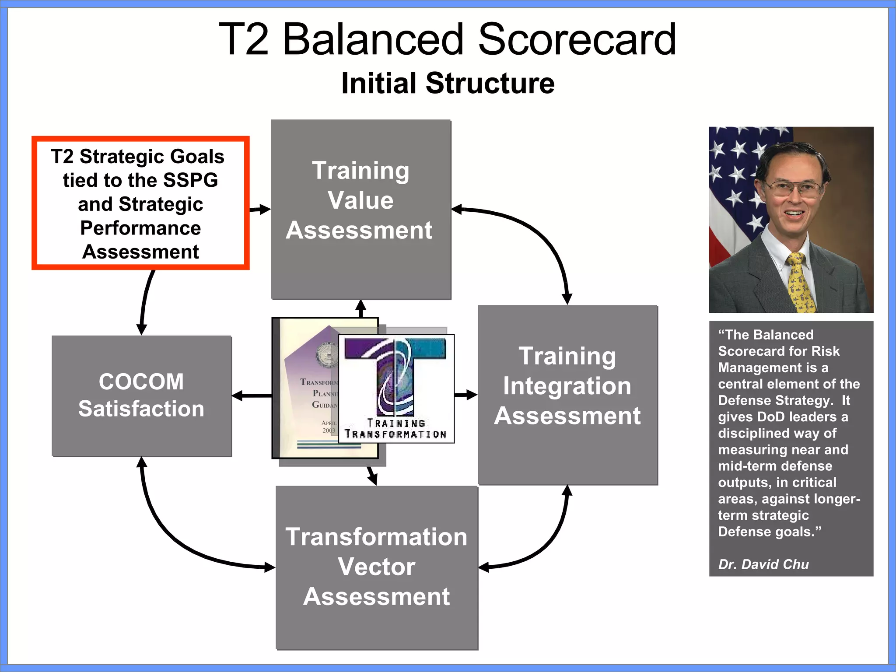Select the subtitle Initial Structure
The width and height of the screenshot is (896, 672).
pos(448,83)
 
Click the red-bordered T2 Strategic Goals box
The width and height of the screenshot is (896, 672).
pos(140,203)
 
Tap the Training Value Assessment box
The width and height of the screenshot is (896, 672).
pos(361,209)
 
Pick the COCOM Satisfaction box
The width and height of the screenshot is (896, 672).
pos(141,396)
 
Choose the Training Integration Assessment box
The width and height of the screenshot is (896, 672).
pos(567,395)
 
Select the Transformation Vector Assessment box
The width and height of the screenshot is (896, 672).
pos(377,567)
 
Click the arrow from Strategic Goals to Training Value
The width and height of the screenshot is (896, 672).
pos(260,210)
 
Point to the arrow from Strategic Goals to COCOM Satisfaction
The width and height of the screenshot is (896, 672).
pos(145,302)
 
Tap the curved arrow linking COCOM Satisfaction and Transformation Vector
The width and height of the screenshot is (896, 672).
pos(175,534)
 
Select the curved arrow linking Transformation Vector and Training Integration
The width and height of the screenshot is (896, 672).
pos(542,547)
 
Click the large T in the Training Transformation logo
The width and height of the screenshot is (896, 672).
pos(395,376)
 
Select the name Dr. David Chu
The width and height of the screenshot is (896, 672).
pos(763,564)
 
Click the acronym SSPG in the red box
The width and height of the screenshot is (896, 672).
pos(190,180)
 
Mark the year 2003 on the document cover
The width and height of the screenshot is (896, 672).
pos(329,430)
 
